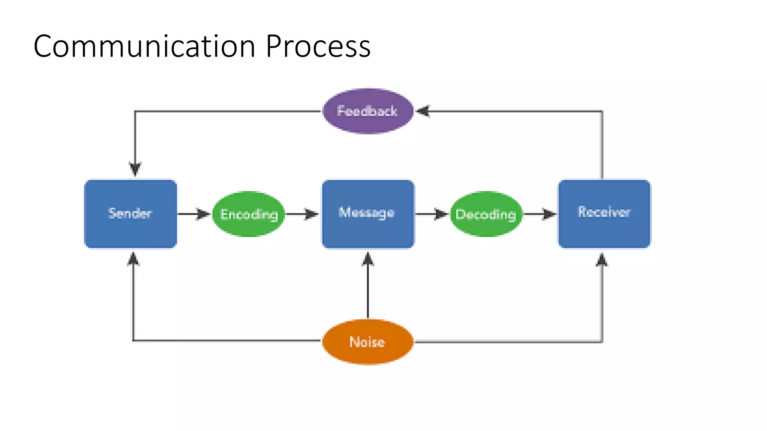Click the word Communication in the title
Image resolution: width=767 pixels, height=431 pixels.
[x=144, y=46]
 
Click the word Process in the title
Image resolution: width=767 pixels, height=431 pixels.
[x=318, y=46]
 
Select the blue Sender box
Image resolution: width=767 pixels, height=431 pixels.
[x=130, y=214]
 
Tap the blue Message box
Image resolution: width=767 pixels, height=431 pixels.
[x=368, y=214]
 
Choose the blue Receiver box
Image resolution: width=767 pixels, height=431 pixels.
[x=604, y=214]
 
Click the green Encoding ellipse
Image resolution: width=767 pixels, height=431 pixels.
[x=249, y=214]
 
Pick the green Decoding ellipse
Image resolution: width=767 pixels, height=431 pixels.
[x=486, y=214]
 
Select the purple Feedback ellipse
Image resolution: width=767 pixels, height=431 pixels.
[x=368, y=111]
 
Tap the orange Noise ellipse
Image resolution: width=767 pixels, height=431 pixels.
[x=368, y=342]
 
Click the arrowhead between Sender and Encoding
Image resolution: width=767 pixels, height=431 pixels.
[x=203, y=214]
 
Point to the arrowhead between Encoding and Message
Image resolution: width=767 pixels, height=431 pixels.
[x=311, y=214]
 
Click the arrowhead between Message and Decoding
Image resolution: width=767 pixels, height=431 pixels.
[x=441, y=214]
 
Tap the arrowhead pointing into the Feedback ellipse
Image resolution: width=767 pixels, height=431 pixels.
[x=423, y=111]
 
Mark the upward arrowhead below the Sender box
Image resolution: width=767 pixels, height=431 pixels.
[x=133, y=259]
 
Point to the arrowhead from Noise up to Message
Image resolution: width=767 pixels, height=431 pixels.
[x=368, y=259]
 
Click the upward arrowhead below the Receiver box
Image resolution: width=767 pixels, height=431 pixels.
[x=601, y=260]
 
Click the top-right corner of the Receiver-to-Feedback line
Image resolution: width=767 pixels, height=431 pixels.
[x=602, y=111]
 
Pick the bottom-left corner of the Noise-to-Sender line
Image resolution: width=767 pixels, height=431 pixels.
[x=133, y=340]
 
